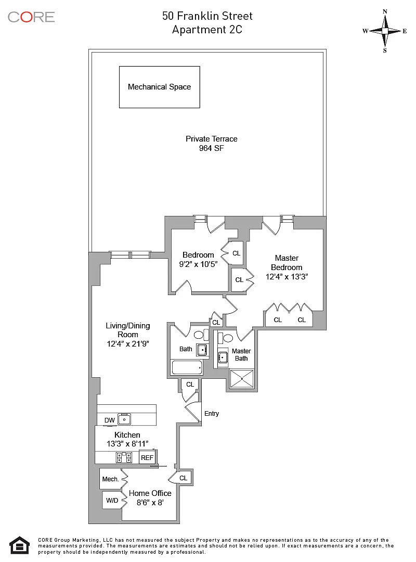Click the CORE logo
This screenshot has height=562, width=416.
[31, 17]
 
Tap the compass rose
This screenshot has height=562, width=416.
[385, 31]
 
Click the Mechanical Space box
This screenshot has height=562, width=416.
[159, 87]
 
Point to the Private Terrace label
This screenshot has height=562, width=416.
[211, 139]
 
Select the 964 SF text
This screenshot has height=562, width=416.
[211, 148]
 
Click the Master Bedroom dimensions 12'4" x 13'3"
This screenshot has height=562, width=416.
[287, 277]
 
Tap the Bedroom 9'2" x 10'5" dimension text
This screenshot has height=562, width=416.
[198, 264]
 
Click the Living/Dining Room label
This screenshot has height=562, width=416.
[127, 330]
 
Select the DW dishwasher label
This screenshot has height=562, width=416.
[109, 420]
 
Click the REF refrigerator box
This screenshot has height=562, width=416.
[148, 458]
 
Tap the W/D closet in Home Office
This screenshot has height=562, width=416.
[112, 501]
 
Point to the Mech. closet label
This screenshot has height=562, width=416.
[110, 479]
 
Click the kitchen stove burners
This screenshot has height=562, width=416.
[124, 458]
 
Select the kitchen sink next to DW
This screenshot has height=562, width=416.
[124, 419]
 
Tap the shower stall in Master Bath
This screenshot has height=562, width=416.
[240, 379]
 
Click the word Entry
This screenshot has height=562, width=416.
[212, 414]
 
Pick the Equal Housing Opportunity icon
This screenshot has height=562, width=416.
[20, 545]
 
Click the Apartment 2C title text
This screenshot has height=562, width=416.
[207, 30]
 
